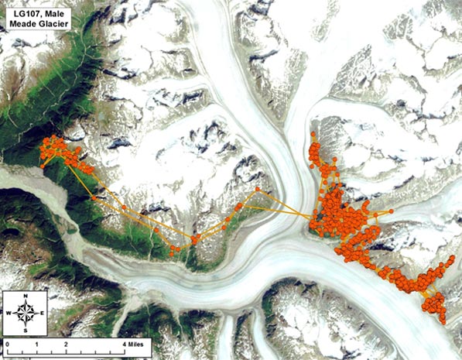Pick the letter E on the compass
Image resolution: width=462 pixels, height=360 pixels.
pos(43,313)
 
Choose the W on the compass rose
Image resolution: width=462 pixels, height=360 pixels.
pos(9,313)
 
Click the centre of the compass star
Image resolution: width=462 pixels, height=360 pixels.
pos(26,313)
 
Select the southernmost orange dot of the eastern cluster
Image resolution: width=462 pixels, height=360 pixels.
pos(442,321)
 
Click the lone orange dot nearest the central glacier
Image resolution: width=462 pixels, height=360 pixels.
pos(258,188)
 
